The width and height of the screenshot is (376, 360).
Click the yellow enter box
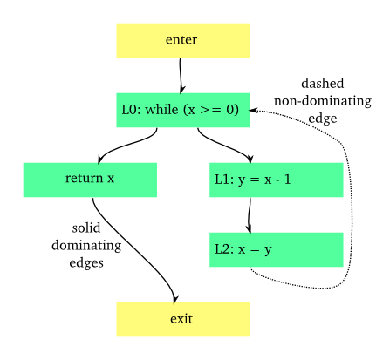[x=183, y=40]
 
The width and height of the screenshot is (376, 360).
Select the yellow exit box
[x=183, y=319]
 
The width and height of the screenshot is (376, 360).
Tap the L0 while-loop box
[x=183, y=110]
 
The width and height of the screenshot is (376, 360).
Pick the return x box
[x=90, y=180]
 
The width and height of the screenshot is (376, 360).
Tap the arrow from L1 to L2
[x=250, y=214]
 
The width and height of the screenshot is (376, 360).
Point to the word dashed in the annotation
[x=322, y=84]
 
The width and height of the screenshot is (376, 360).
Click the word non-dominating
[x=322, y=101]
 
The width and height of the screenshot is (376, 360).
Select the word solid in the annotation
[x=86, y=228]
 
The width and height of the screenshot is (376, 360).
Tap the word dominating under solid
[x=86, y=245]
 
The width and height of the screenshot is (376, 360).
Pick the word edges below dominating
[x=86, y=262]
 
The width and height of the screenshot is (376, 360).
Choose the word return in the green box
[x=83, y=180]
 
